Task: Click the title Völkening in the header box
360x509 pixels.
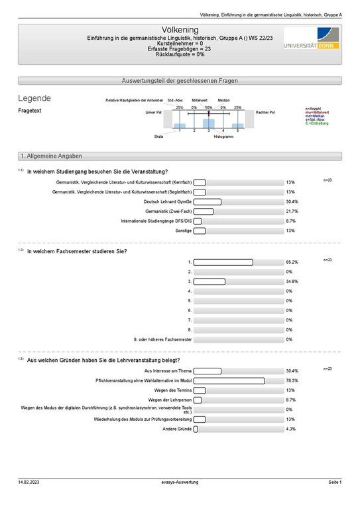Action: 180,30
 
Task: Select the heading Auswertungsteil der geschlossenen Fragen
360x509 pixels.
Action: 180,81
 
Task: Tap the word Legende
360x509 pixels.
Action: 34,99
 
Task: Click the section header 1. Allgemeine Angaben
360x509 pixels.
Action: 51,156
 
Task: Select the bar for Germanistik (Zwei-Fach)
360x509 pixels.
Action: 204,211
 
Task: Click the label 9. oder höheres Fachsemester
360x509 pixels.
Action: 162,339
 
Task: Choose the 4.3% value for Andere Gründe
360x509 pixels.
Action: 290,429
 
